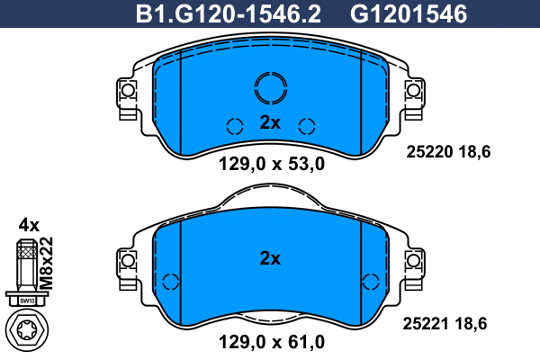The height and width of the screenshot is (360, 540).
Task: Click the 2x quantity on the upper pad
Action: pos(270,123)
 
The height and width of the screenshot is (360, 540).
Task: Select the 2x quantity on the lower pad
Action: pos(270,258)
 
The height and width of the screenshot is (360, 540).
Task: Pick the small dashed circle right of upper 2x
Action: pos(307,126)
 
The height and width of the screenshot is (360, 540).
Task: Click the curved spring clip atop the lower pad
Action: pos(270,190)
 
